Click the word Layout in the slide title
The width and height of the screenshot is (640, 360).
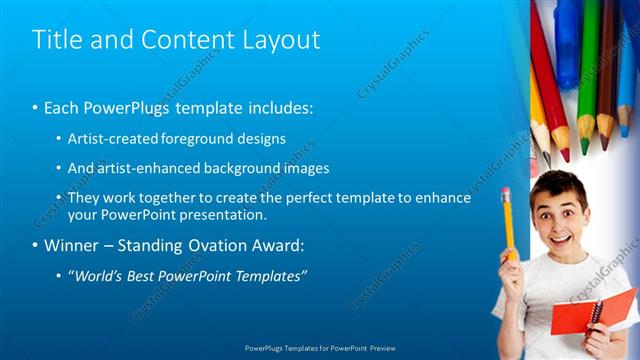click(282, 40)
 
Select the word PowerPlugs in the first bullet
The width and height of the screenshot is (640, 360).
click(121, 106)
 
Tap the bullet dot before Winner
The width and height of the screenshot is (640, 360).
click(35, 245)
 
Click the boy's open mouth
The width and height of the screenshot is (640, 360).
click(553, 233)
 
